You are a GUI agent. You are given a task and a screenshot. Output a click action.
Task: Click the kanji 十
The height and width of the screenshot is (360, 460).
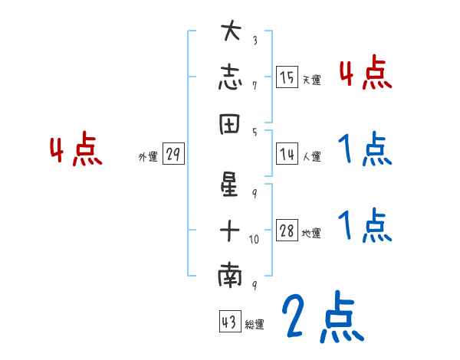tap(230, 229)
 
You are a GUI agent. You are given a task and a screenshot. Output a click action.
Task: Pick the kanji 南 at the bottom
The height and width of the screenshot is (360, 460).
tap(230, 277)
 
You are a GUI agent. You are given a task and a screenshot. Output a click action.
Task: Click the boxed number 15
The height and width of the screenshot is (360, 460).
tap(287, 77)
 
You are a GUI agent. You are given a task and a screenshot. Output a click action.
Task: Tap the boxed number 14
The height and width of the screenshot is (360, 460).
tap(287, 154)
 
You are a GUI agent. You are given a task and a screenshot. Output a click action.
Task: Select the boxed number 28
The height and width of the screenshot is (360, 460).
tap(287, 231)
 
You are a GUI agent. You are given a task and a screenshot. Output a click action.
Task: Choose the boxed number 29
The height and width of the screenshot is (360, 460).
tap(173, 155)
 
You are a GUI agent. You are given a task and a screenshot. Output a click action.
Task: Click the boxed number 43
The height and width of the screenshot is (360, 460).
tap(229, 322)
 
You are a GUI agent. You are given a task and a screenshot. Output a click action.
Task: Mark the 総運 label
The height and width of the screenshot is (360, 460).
tap(255, 325)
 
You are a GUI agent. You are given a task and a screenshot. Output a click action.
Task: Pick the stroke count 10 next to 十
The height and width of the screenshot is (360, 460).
tap(255, 239)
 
